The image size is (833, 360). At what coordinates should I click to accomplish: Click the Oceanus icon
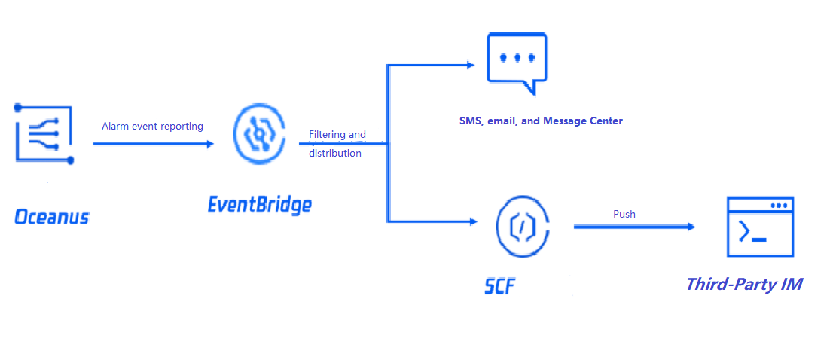[44, 133]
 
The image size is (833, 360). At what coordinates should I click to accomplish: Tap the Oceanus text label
[51, 218]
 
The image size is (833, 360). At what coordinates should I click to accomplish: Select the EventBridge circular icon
[260, 135]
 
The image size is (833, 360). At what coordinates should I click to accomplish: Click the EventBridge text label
[259, 204]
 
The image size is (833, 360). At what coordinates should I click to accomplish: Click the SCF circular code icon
[523, 225]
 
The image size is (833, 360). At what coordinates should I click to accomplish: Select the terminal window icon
[759, 227]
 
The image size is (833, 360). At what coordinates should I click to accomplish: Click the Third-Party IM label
[744, 285]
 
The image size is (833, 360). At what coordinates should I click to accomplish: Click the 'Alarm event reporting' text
[152, 126]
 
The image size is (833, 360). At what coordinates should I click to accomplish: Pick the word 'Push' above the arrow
[624, 214]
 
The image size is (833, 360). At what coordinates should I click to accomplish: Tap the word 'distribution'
[335, 153]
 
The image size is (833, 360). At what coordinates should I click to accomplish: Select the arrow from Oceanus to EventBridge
[154, 142]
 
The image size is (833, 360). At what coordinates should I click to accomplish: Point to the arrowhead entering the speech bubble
[470, 65]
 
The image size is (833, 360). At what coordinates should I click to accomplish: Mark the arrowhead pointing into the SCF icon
[473, 221]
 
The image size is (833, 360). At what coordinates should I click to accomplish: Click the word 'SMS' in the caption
[471, 121]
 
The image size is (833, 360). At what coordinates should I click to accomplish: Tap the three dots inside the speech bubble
[517, 57]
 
